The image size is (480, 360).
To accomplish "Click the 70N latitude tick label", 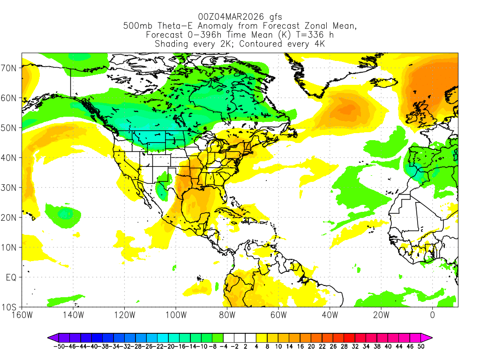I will point(10,68).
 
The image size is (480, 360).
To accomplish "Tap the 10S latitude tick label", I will point(10,307).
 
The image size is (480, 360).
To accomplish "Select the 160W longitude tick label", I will point(22,315).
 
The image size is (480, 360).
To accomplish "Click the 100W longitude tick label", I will point(175,315).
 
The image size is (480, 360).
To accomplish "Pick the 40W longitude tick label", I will point(330,315).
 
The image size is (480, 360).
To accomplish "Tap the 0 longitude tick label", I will point(432,315).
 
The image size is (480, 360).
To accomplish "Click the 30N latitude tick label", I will point(10,187).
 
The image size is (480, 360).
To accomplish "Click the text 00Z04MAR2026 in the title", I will point(226,17).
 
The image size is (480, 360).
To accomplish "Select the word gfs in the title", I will point(273,17).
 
